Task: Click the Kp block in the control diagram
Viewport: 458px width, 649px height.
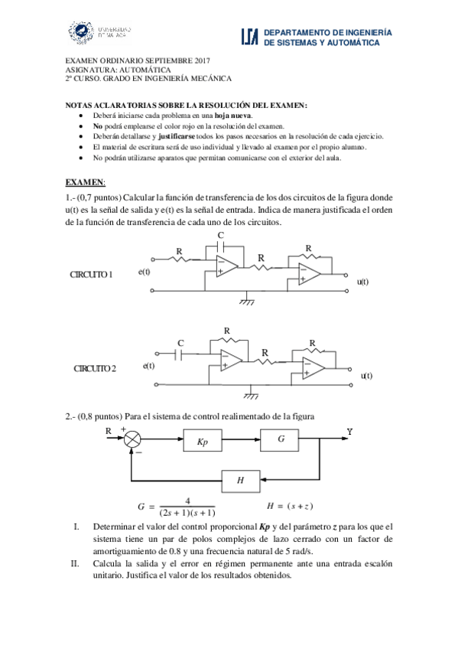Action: (x=202, y=441)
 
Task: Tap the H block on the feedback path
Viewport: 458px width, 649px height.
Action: (x=241, y=481)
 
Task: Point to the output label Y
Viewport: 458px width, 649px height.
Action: (x=349, y=432)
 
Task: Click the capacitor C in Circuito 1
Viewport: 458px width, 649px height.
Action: (x=221, y=245)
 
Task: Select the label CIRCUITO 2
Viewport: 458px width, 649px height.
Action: (x=95, y=368)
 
